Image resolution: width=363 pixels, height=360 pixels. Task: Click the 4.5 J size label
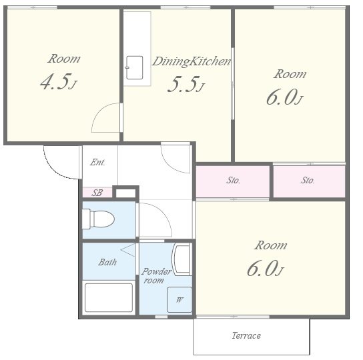58,82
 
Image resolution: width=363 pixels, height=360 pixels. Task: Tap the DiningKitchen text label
192,61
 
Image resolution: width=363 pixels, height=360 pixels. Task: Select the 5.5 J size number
186,84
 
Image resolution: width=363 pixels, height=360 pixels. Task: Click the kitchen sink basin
134,67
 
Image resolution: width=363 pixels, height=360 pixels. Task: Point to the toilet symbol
98,219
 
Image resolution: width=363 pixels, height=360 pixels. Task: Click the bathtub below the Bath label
109,297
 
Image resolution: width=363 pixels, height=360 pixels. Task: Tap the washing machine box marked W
179,299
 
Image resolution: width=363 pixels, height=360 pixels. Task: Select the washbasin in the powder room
182,259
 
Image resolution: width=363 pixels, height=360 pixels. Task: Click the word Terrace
246,335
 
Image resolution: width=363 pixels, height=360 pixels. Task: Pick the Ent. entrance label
97,162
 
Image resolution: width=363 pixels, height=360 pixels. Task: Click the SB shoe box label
97,193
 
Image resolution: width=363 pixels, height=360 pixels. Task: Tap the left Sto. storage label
233,180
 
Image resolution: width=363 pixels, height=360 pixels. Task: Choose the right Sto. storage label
308,180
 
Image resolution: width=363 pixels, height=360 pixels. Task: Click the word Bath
107,262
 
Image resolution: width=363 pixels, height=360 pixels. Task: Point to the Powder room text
156,276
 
